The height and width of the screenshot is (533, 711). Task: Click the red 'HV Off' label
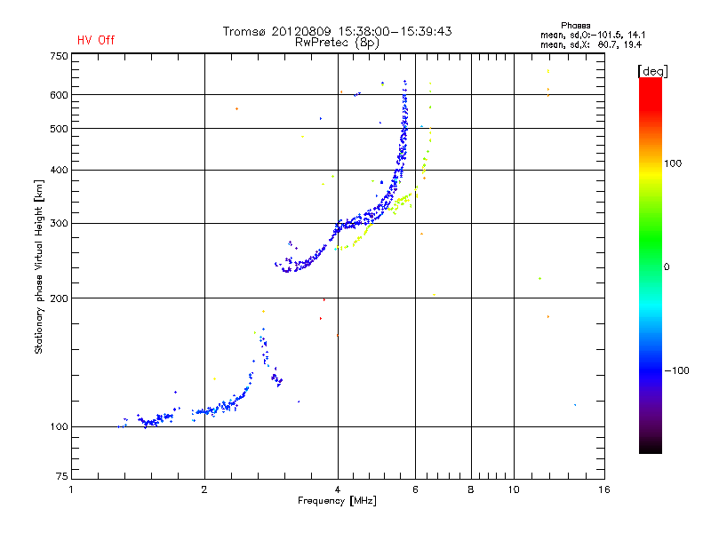click(95, 40)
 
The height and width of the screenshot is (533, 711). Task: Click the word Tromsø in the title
click(245, 31)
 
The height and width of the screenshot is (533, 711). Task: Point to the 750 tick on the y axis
click(59, 56)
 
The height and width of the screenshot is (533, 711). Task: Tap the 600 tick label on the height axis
click(59, 95)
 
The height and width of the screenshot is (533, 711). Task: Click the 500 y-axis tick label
click(59, 129)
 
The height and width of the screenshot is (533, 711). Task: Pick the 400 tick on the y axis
click(59, 170)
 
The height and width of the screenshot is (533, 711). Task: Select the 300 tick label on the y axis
click(59, 224)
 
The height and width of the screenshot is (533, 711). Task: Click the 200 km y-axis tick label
click(59, 298)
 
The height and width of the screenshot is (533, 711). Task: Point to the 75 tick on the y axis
click(61, 478)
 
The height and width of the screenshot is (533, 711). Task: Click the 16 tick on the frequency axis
click(603, 489)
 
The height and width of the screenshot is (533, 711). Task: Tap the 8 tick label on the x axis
click(471, 489)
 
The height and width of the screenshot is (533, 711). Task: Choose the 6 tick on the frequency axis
click(416, 489)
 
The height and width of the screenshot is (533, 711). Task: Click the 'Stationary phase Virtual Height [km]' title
click(39, 266)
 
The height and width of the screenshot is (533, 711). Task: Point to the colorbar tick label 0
click(668, 266)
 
